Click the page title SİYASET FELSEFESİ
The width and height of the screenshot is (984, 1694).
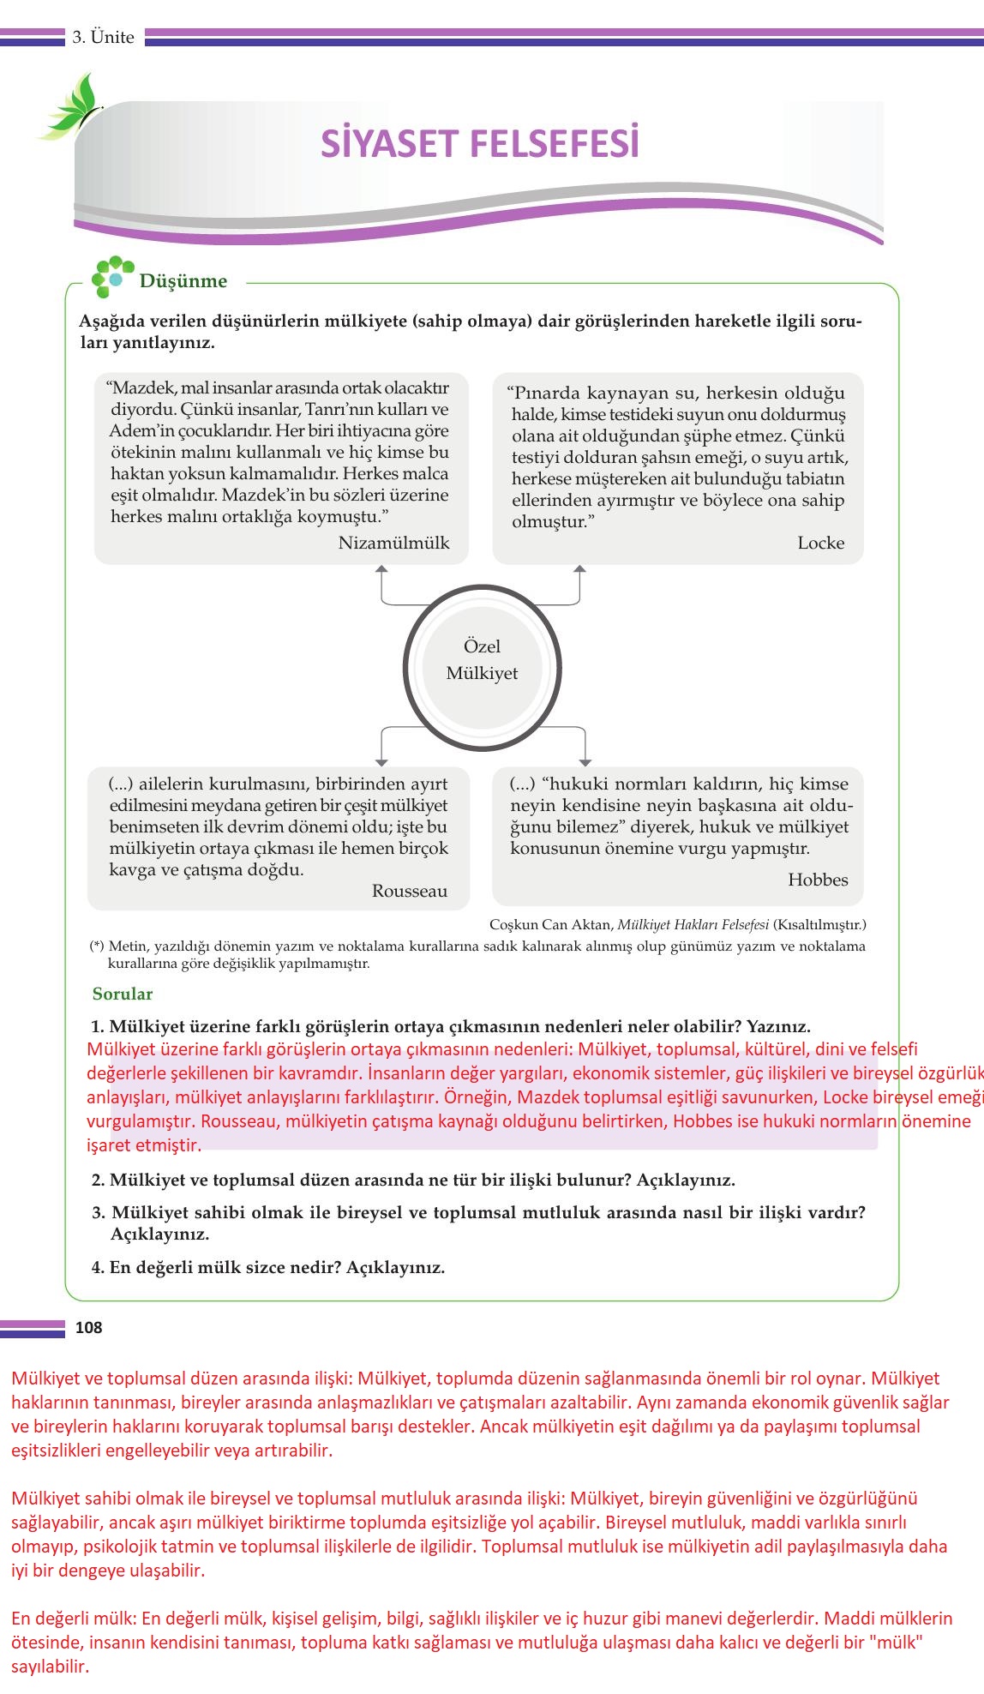coord(480,144)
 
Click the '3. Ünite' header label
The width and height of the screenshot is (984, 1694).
coord(103,37)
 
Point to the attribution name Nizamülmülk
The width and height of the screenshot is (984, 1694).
coord(393,543)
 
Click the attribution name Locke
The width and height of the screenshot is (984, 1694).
coord(820,543)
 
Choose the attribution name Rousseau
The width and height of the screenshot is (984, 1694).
coord(409,891)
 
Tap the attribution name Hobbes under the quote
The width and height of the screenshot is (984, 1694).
coord(818,880)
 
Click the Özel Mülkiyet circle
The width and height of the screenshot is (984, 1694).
coord(482,660)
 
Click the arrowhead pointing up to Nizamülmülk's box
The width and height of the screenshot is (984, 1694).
coord(382,568)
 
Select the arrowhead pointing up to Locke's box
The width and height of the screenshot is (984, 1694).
coord(580,568)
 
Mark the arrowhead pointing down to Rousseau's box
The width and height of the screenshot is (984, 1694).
coord(382,762)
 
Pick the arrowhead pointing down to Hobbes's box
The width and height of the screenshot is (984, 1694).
coord(585,762)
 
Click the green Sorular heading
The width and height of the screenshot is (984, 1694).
coord(123,994)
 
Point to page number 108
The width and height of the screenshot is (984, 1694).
coord(88,1328)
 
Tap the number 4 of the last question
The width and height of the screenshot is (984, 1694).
coord(97,1267)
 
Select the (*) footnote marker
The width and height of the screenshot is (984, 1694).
coord(97,946)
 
